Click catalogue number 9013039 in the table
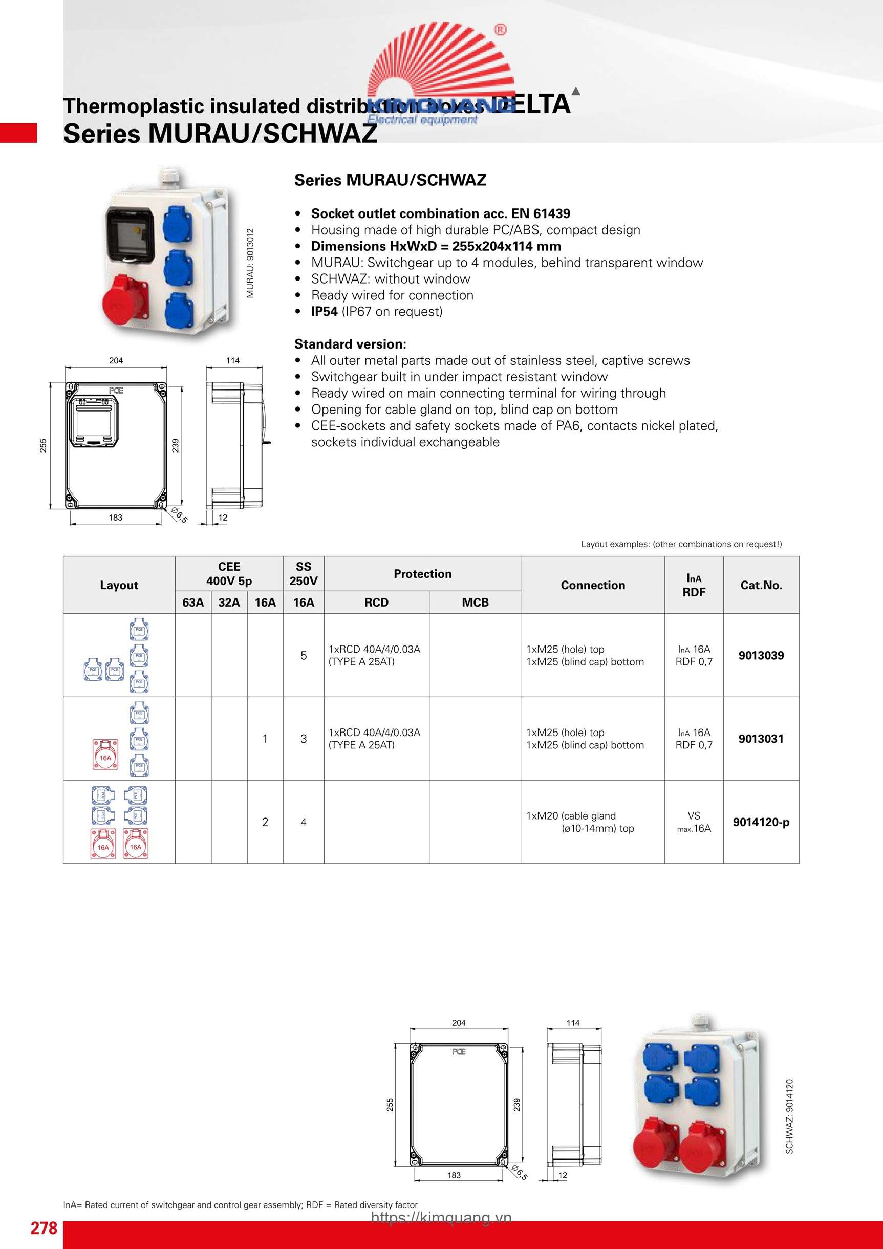click(761, 656)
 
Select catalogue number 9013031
click(761, 739)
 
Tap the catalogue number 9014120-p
click(761, 822)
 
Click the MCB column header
click(475, 602)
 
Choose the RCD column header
click(376, 602)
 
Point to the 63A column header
click(193, 602)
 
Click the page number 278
click(44, 1228)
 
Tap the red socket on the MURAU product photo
click(125, 298)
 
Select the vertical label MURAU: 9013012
click(250, 263)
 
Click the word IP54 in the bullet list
click(324, 312)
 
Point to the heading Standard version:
click(350, 344)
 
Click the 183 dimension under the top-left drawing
click(115, 518)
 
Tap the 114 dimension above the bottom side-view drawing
click(573, 1023)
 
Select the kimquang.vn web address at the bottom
click(441, 1217)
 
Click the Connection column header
click(592, 585)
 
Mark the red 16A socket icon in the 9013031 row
click(105, 755)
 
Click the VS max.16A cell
click(694, 822)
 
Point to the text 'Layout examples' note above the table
click(681, 544)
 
